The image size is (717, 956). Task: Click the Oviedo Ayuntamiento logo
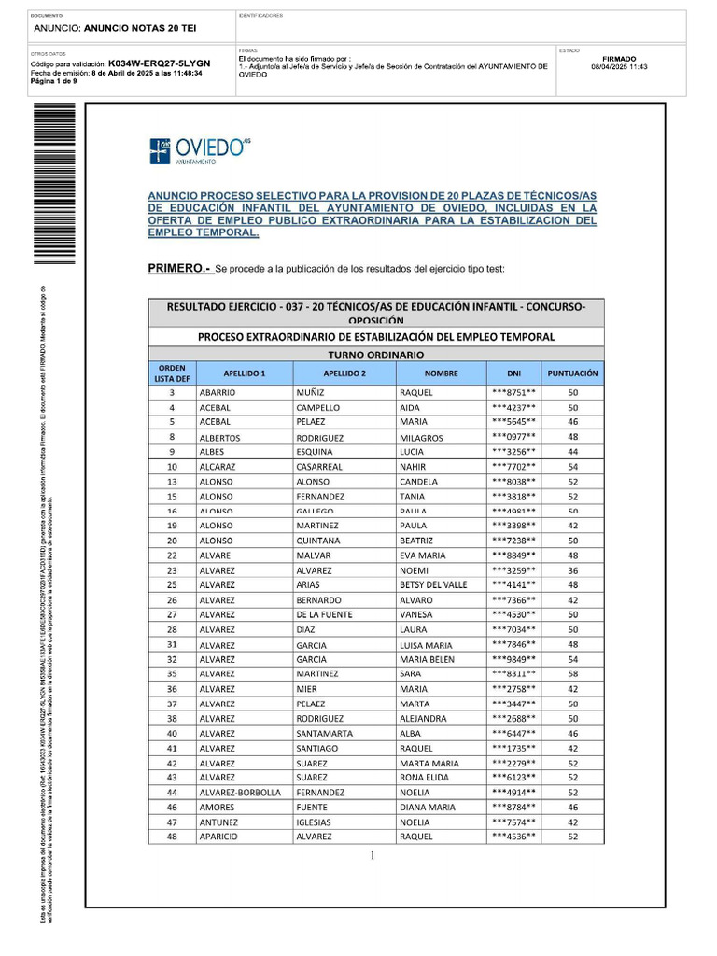coord(199,151)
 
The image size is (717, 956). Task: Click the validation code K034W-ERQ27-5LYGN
coord(159,63)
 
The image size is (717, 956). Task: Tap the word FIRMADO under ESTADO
coord(620,58)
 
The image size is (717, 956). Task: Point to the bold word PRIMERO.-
coord(179,269)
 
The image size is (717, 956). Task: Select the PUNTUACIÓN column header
coord(573,373)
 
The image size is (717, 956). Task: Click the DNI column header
coord(513,373)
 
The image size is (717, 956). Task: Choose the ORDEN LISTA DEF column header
coord(171,373)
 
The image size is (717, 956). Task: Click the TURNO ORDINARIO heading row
coord(375,355)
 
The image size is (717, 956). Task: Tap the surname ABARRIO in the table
coord(218,393)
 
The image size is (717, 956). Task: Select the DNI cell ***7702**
coord(513,467)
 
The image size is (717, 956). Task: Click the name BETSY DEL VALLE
coord(433,585)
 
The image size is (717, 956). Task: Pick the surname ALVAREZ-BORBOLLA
coord(240,793)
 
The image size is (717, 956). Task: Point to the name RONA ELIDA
coord(425,778)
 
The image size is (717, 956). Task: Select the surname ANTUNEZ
coord(219,822)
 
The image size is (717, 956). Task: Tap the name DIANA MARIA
coord(428,808)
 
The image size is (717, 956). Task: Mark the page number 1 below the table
coord(372,856)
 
